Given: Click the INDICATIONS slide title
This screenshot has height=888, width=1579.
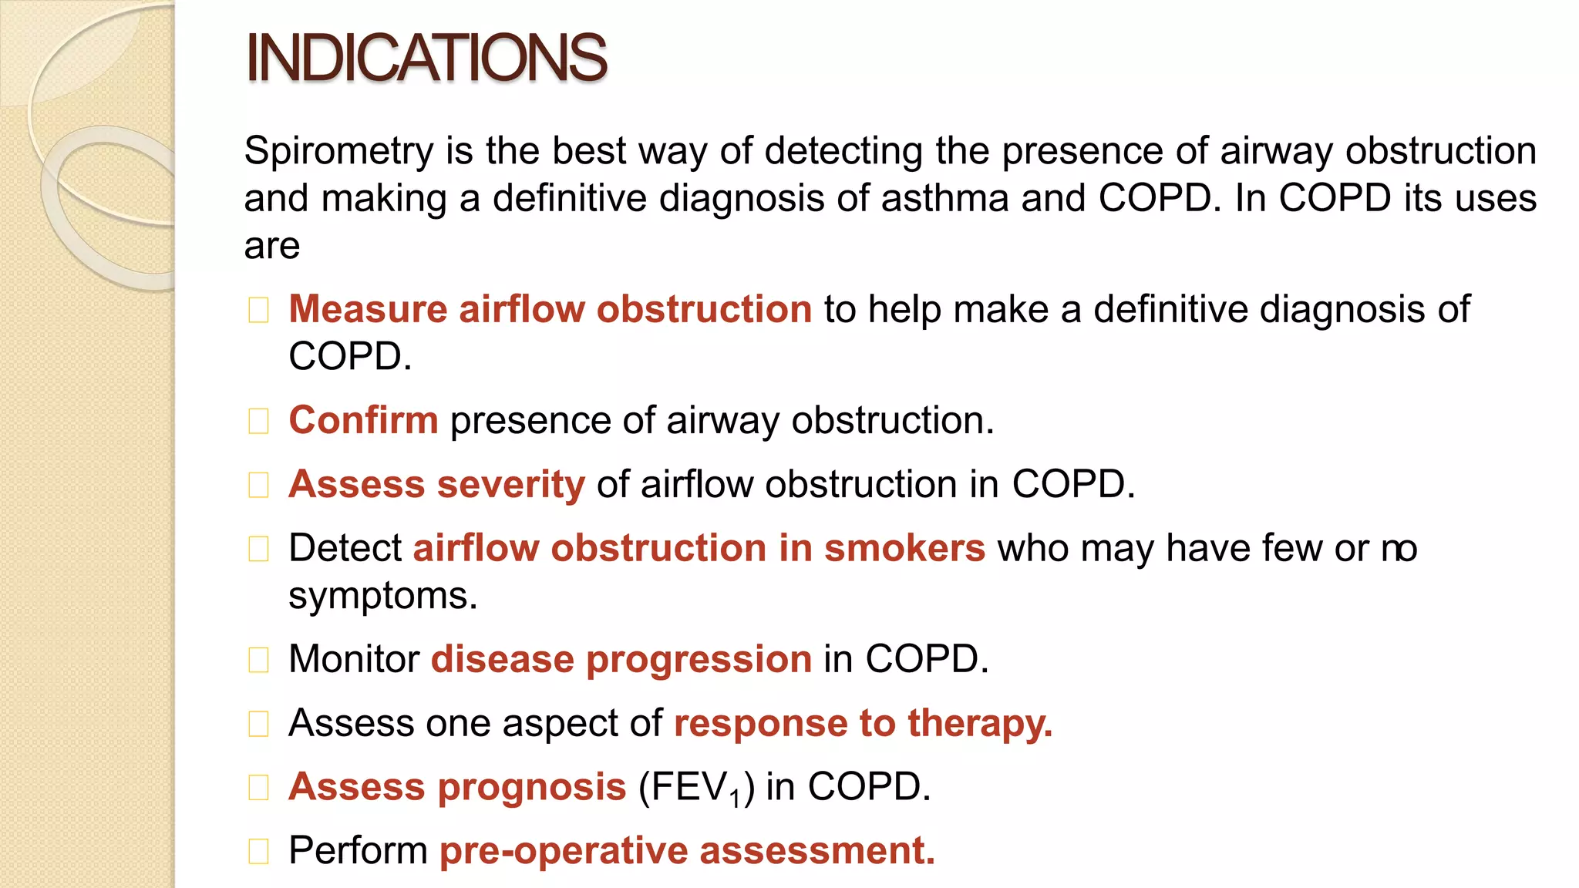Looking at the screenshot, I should coord(426,58).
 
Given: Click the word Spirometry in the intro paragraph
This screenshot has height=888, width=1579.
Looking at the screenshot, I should coord(338,151).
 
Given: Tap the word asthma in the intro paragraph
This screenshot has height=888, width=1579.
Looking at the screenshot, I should coord(944,198).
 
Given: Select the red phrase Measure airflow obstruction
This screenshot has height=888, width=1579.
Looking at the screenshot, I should coord(550,309).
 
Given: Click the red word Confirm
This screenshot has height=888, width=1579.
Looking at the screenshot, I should coord(363,421).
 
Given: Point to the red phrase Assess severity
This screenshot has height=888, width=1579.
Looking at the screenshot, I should coord(436,485).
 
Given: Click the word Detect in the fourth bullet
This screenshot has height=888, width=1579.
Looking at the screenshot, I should coord(345,548).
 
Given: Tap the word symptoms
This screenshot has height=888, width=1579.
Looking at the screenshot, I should coord(382,596).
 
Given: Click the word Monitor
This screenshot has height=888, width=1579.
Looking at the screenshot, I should coord(354,660).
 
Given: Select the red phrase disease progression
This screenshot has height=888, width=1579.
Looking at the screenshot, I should coord(621,660).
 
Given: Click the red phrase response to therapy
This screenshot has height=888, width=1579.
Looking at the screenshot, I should coord(863,724).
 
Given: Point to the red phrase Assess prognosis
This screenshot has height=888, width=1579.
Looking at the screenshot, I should coord(457,787).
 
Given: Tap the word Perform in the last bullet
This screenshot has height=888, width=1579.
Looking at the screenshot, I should coord(358,851).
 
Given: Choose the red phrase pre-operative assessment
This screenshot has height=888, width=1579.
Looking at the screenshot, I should coord(687,851).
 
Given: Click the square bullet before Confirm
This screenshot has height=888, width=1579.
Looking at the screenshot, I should coord(259,422).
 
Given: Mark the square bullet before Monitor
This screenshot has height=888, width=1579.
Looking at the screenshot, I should coord(259,661).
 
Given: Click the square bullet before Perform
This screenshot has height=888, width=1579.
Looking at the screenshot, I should coord(259,852).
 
